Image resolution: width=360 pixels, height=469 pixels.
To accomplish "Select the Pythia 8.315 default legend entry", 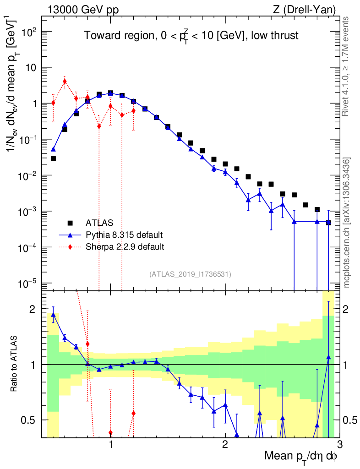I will tap(124, 235).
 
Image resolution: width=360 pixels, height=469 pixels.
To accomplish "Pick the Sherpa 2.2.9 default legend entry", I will tap(125, 247).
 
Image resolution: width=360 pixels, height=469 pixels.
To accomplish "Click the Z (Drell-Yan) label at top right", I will tap(305, 9).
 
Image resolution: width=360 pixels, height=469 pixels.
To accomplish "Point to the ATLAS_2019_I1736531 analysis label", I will tap(190, 274).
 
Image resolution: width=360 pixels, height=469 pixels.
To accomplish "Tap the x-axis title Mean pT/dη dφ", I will tap(300, 456).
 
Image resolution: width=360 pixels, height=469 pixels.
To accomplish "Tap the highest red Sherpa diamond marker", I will tap(65, 82).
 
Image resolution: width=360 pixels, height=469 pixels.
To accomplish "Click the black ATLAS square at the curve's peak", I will tap(110, 93).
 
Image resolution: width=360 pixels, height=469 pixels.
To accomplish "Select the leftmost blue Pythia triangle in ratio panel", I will tap(53, 314).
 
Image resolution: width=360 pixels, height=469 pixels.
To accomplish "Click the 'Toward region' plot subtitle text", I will tap(191, 36).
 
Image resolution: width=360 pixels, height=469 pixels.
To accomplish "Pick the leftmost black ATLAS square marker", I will tap(53, 159).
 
